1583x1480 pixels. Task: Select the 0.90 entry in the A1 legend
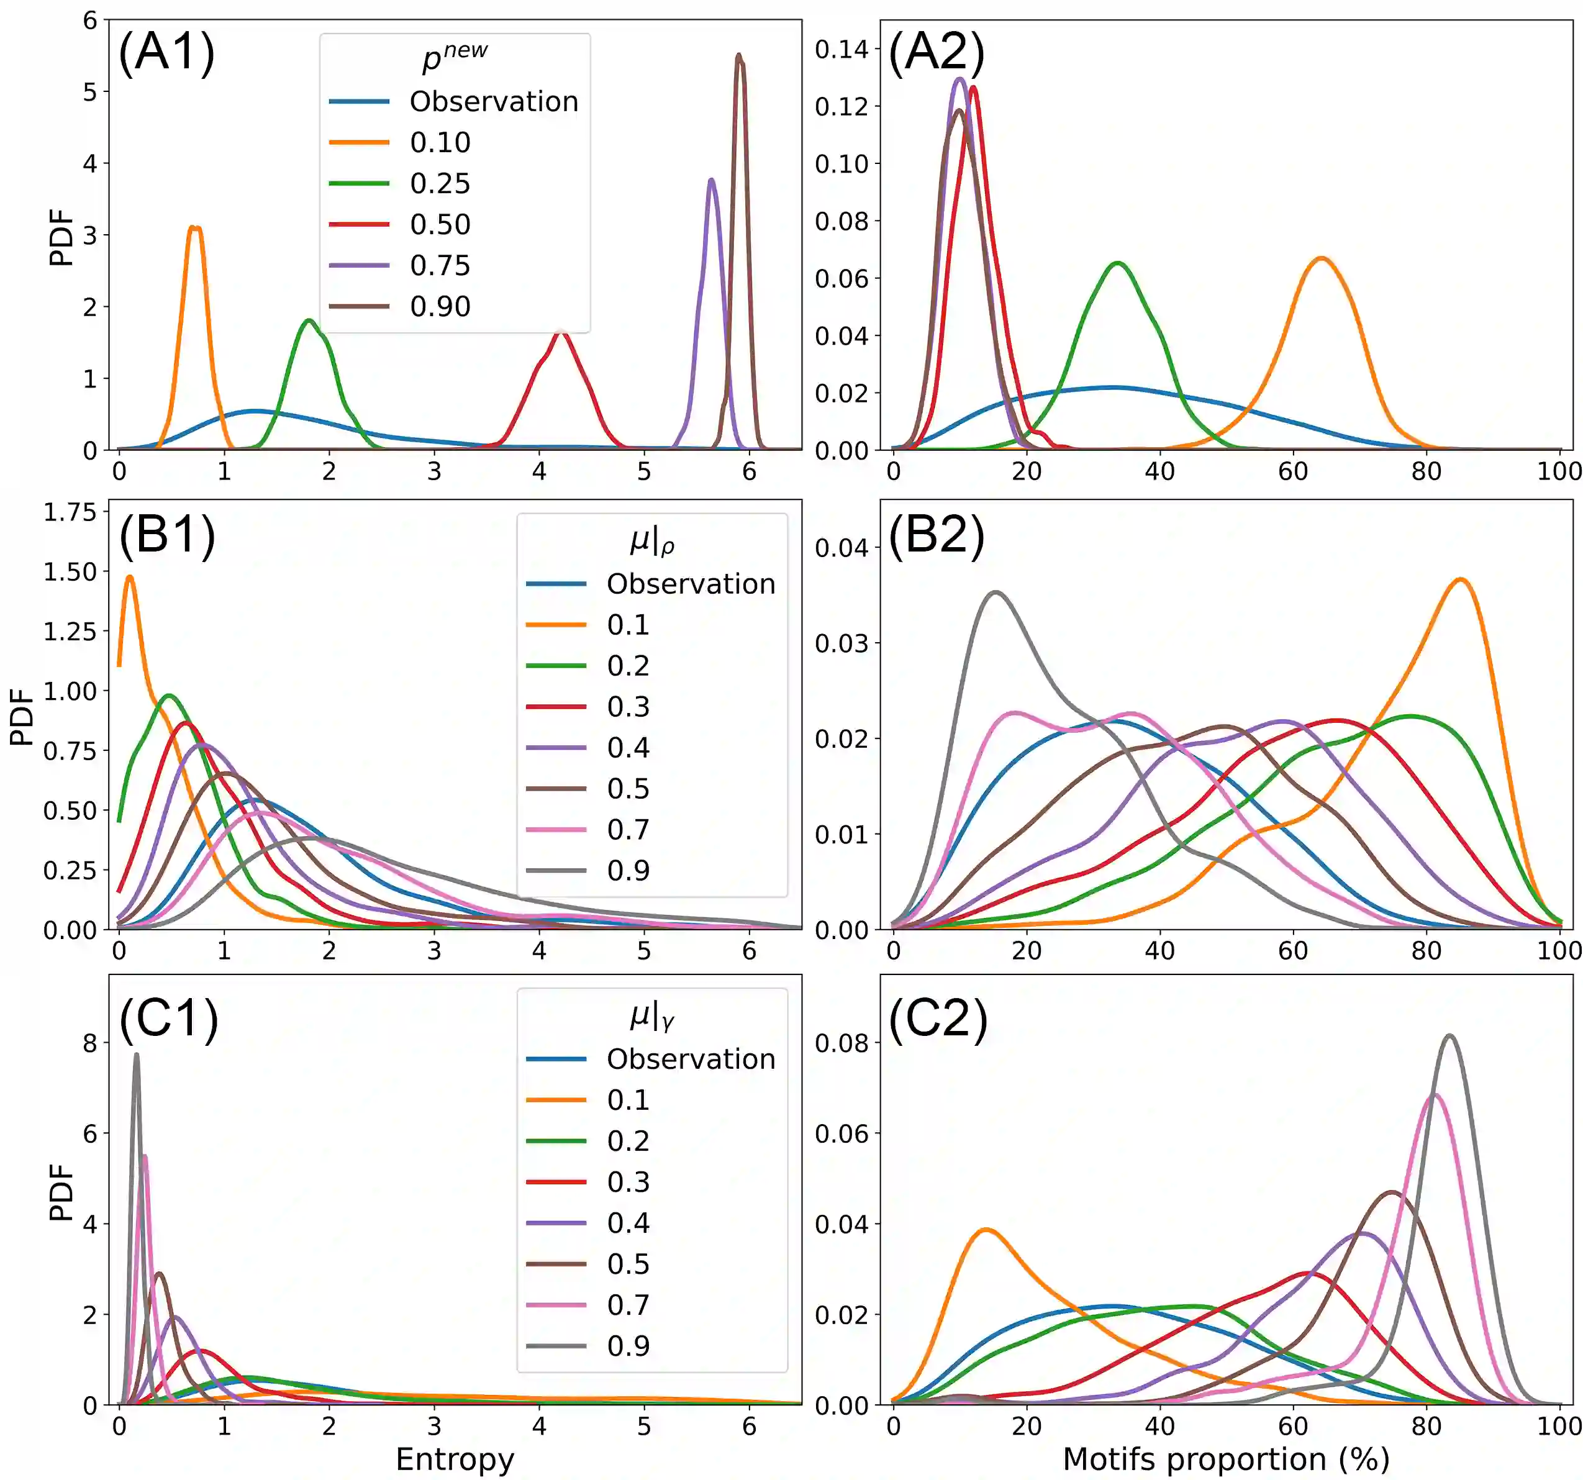440,307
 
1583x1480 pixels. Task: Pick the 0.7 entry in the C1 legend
628,1304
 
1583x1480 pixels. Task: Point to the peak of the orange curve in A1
194,228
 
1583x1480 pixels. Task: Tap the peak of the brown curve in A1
739,56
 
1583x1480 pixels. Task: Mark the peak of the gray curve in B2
996,592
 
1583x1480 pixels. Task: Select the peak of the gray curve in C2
1450,1036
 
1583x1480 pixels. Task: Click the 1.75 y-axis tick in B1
70,512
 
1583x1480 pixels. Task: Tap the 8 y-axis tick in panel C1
90,1043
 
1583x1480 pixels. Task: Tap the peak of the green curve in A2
1118,263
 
